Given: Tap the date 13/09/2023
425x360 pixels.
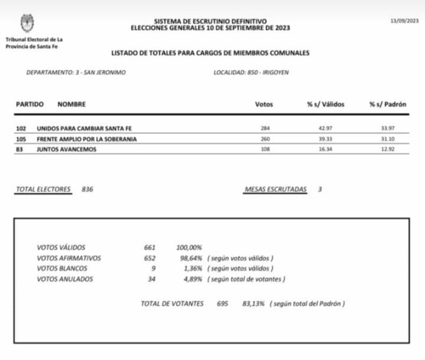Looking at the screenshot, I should (404, 21).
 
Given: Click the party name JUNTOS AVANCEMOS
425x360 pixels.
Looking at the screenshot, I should (66, 149).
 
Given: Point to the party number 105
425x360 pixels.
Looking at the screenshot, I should (22, 139).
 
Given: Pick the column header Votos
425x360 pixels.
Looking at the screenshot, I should (264, 105).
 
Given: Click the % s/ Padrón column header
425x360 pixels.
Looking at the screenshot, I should (388, 105).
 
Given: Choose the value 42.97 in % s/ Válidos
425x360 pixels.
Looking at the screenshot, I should (325, 129).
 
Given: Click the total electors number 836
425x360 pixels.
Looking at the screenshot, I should (88, 189).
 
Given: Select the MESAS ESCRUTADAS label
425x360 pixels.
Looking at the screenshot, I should (275, 189).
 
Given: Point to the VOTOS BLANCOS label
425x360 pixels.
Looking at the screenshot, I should (62, 269).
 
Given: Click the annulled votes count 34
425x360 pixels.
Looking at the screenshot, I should (151, 279).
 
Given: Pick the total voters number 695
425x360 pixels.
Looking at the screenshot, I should (222, 304).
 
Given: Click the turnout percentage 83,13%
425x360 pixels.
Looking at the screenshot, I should (253, 304).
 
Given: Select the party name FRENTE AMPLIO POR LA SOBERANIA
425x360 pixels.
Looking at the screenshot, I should (87, 139).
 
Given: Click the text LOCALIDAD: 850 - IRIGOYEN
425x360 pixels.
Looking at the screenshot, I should (251, 73).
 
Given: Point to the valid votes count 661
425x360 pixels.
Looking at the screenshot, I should (149, 248).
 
